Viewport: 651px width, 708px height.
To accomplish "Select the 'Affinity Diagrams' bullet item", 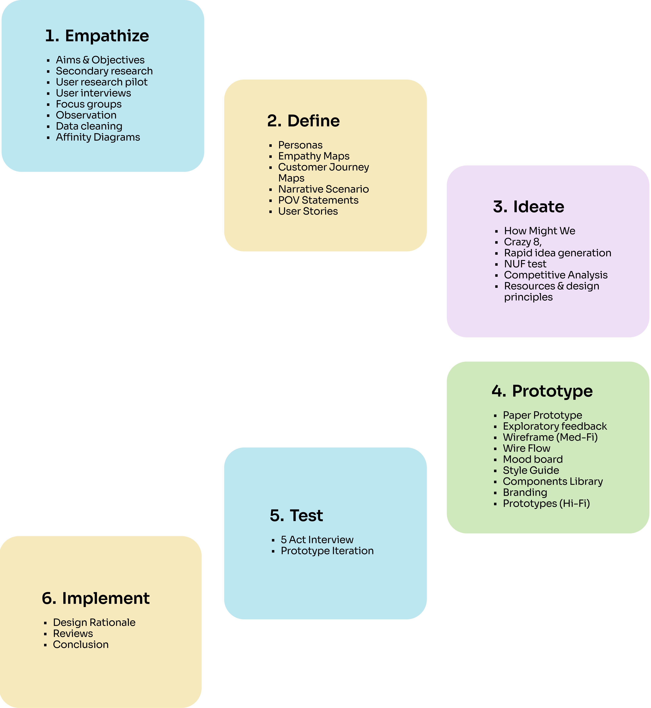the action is point(98,137).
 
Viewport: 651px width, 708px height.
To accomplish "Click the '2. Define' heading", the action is point(303,121).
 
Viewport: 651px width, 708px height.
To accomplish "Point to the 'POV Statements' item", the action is point(318,200).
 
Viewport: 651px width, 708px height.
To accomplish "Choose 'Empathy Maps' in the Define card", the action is point(313,156).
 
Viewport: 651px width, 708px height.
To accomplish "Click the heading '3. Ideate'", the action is point(528,207).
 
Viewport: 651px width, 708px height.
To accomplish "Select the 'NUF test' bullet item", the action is point(525,264).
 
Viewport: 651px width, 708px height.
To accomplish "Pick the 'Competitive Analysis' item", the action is point(556,275).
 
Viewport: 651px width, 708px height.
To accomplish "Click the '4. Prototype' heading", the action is point(542,391).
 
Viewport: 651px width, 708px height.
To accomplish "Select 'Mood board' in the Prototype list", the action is point(533,459).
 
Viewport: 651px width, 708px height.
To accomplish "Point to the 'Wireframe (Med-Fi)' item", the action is point(550,437).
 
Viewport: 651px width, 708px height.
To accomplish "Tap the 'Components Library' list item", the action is point(553,481).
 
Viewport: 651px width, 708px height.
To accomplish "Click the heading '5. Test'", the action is point(296,516).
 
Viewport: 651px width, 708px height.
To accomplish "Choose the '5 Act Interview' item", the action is point(317,540).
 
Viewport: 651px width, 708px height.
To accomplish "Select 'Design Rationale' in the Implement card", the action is point(94,622).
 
